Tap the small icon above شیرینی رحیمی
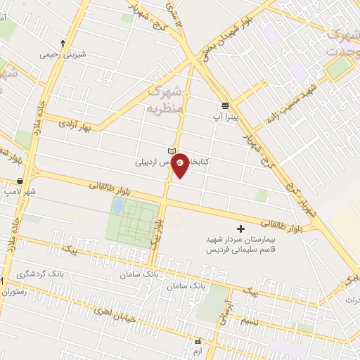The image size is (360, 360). [63, 43]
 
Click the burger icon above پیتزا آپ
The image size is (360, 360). [224, 105]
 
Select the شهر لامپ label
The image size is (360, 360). [20, 191]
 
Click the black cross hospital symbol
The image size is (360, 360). [240, 229]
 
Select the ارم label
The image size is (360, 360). [197, 349]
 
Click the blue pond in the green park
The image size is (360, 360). [119, 206]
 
